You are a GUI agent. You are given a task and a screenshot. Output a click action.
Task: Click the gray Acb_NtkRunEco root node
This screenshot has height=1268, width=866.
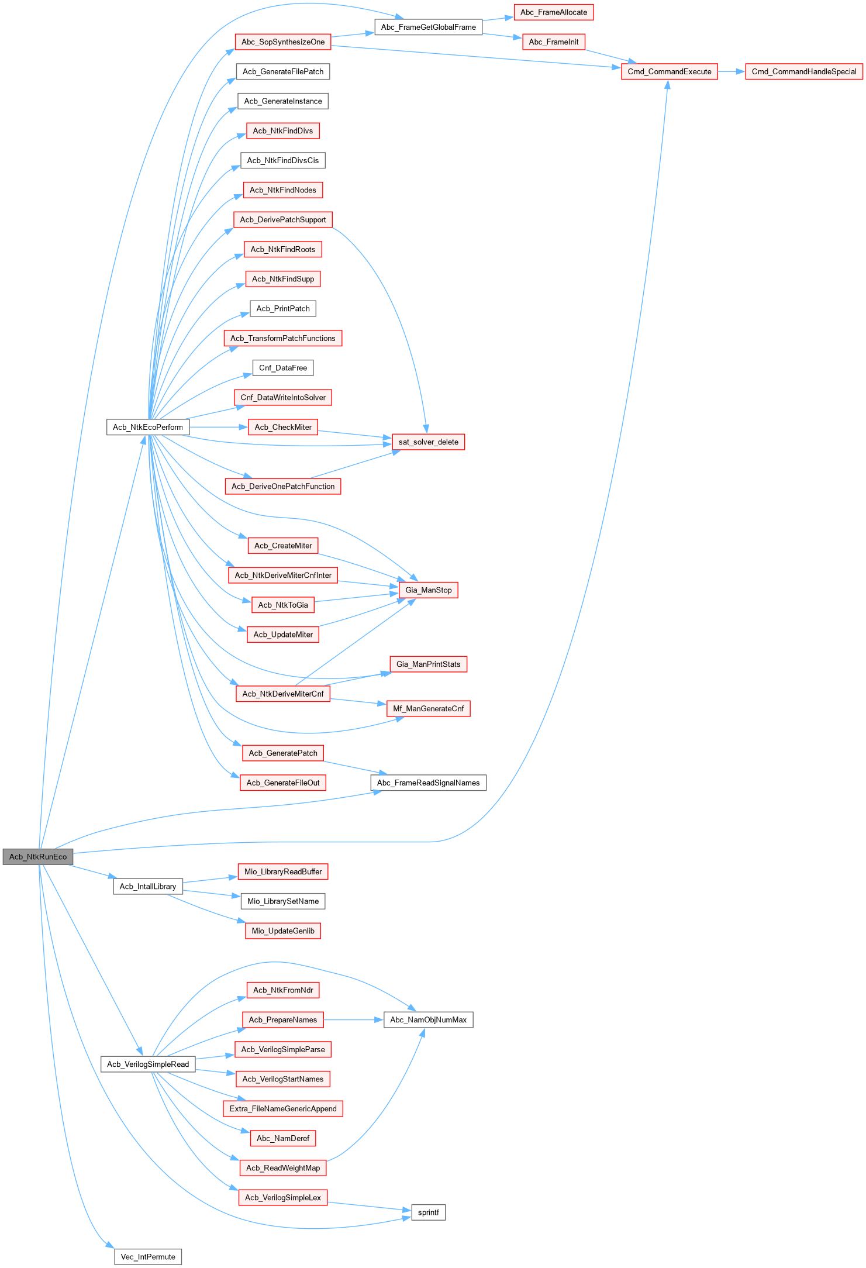pos(38,857)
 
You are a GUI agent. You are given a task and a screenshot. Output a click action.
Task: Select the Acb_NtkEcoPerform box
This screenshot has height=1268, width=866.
pos(147,427)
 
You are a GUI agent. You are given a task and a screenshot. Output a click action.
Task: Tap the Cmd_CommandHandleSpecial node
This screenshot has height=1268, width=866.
pos(803,71)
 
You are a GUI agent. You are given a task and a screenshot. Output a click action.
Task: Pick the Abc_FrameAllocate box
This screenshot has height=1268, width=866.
pos(553,12)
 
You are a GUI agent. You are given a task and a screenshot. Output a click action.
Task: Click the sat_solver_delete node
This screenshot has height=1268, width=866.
pos(428,442)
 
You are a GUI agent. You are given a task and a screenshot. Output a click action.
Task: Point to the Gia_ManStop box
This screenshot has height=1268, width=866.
pos(428,590)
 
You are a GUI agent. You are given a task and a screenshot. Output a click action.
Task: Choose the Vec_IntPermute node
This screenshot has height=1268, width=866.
pos(148,1256)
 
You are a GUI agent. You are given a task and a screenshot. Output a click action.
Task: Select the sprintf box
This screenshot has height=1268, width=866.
pos(428,1212)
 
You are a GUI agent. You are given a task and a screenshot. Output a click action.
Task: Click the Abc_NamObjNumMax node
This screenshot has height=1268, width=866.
pos(428,1019)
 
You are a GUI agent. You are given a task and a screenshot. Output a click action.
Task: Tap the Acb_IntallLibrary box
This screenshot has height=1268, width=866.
pos(148,886)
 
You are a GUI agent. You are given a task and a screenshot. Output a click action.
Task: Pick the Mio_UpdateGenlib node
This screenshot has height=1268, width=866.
pos(283,931)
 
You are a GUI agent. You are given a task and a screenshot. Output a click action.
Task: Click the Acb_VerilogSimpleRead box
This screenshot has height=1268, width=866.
pos(148,1064)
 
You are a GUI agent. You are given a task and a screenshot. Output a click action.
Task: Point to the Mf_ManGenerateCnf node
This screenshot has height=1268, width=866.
pos(428,708)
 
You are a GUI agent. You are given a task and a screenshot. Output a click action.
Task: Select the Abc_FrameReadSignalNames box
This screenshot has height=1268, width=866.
pos(428,783)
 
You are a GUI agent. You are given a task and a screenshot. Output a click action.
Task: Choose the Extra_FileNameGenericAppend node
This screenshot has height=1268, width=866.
pos(283,1108)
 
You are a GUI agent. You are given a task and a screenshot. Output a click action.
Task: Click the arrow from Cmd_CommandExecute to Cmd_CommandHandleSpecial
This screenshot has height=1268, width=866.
pos(731,71)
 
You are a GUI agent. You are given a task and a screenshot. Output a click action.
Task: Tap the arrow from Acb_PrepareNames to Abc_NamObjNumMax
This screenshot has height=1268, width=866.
pos(354,1019)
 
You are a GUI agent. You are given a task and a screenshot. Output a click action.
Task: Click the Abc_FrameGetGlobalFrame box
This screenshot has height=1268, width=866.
pos(428,27)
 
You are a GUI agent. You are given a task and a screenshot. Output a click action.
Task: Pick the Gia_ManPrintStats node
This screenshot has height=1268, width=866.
pos(428,664)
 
